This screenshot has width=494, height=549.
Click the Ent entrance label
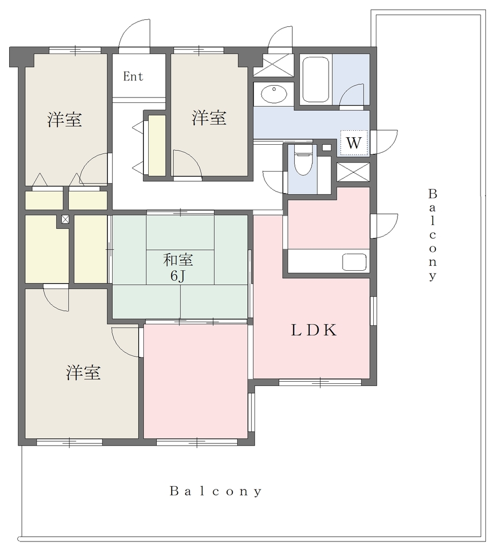[x=133, y=76]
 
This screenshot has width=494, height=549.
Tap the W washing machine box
[x=353, y=143]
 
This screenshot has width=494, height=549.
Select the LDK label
[x=314, y=330]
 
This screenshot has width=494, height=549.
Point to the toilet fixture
[x=303, y=160]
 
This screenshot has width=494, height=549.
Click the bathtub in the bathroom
[x=316, y=79]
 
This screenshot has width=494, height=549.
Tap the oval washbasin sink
[x=274, y=93]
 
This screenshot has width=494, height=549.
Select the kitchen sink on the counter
[x=354, y=262]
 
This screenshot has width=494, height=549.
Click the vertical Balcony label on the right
[x=433, y=235]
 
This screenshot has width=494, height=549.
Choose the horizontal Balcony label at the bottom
[x=216, y=491]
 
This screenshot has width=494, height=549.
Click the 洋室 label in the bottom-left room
[x=83, y=373]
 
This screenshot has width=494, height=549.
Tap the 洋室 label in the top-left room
[x=65, y=120]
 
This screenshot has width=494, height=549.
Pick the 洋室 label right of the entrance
[x=209, y=117]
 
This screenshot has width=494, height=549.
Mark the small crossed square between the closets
[x=65, y=219]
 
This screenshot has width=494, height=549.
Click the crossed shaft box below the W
[x=353, y=172]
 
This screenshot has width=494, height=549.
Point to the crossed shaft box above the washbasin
[x=273, y=65]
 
